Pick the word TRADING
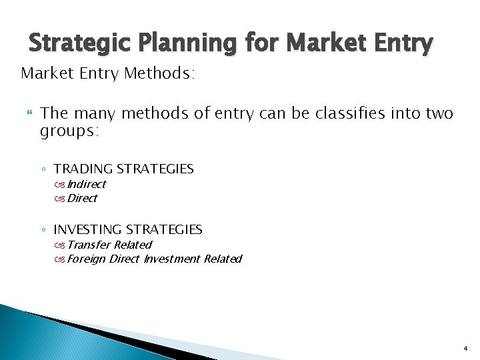click(83, 169)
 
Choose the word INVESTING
click(88, 229)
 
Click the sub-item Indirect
click(86, 185)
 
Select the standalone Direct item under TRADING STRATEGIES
click(82, 198)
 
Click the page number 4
click(465, 348)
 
